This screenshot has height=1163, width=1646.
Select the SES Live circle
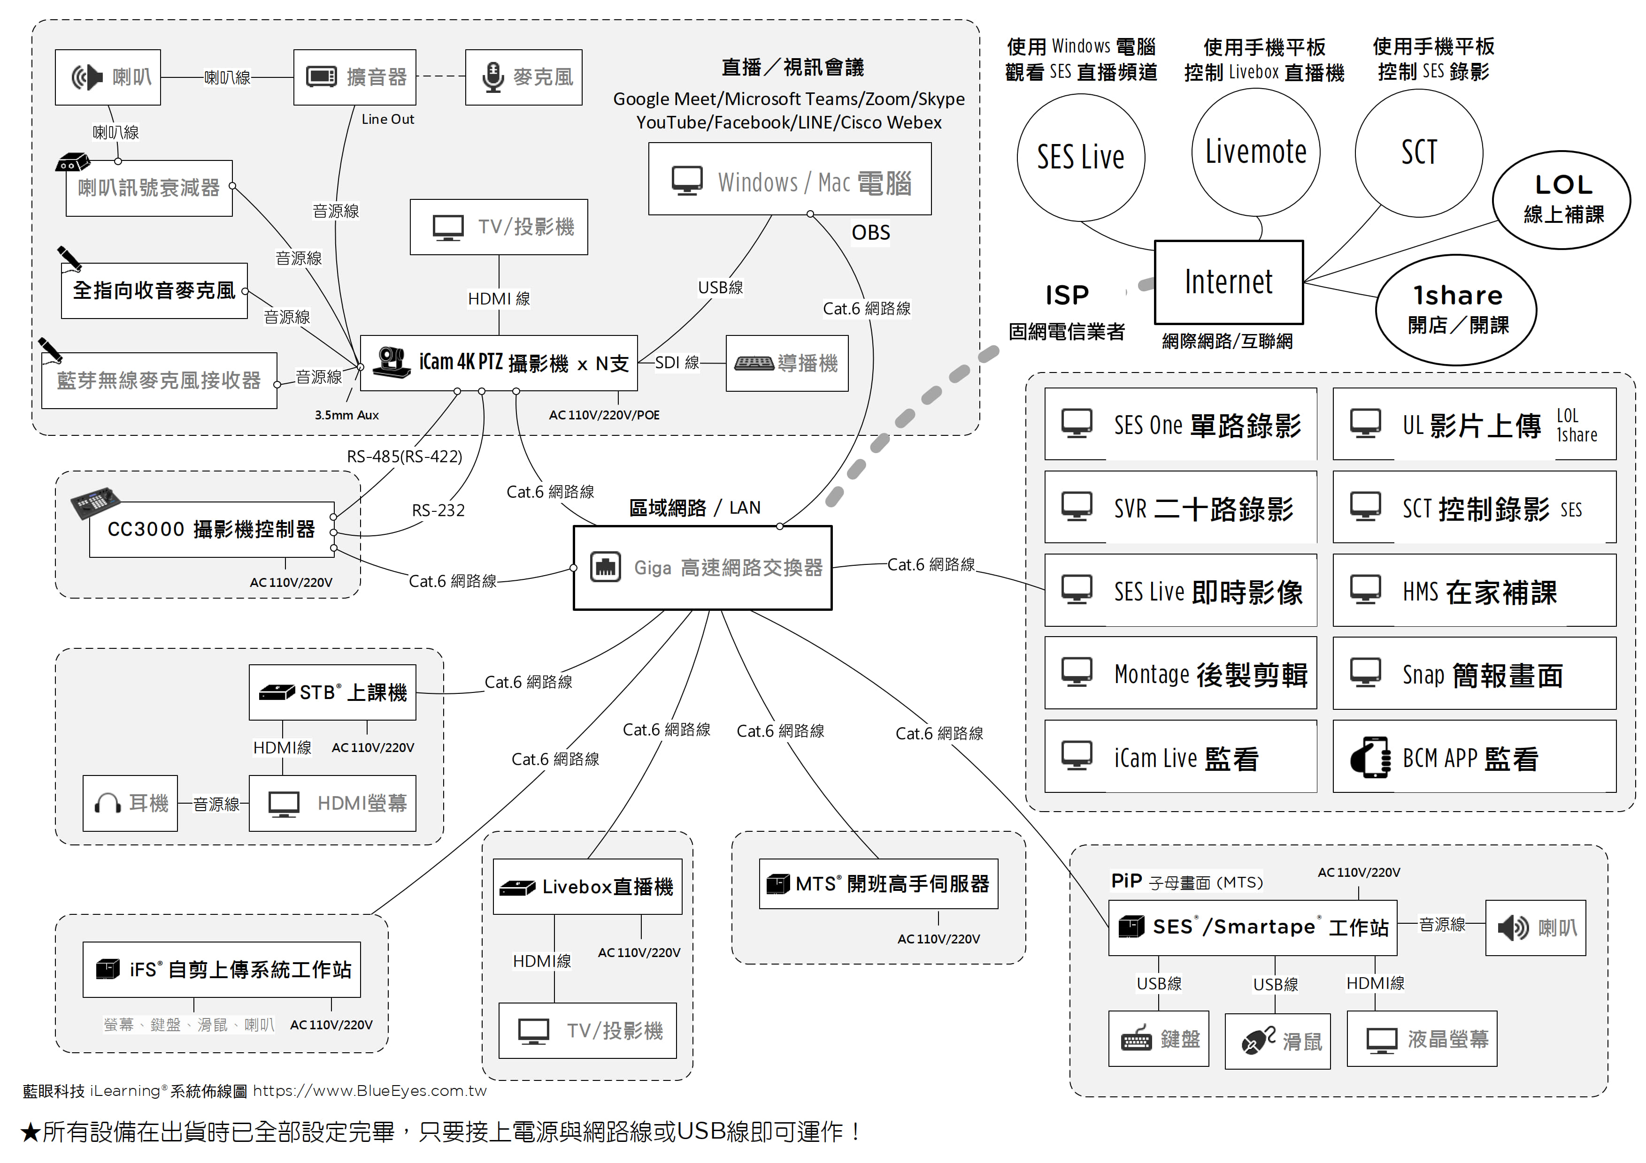(x=1080, y=158)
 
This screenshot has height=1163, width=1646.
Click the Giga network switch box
(x=702, y=568)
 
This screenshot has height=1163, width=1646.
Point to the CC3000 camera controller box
(x=211, y=530)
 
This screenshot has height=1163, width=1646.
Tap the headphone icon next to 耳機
(x=108, y=803)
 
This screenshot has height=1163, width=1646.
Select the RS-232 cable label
(x=438, y=510)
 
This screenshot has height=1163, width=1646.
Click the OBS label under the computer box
(x=870, y=233)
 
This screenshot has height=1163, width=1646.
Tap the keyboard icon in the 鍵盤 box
(x=1136, y=1040)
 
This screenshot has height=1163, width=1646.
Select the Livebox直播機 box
(x=587, y=886)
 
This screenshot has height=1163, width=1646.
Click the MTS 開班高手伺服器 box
(x=878, y=883)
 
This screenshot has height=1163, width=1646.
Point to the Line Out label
(x=388, y=120)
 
